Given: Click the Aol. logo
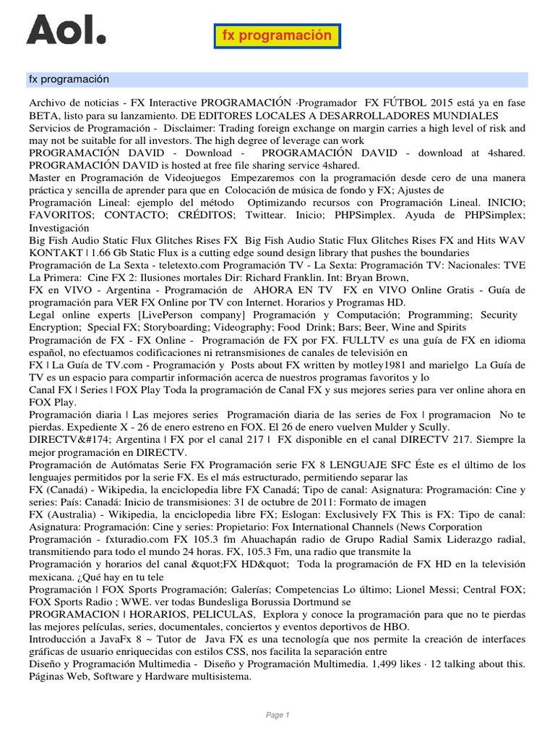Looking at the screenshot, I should coord(66,30).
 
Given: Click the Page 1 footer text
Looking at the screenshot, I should coord(277,715).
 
